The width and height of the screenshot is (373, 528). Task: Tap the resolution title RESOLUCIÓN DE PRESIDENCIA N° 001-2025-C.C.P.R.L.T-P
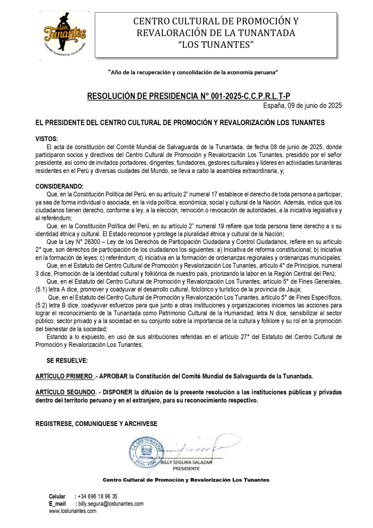[x=188, y=97]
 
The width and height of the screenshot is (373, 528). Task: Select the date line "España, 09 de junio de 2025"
[x=302, y=105]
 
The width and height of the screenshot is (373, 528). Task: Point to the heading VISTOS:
[x=47, y=139]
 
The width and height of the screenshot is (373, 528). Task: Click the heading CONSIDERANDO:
[x=59, y=186]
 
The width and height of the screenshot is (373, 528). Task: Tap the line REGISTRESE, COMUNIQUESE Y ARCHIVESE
[x=97, y=424]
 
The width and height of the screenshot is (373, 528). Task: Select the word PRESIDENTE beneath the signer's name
[x=186, y=468]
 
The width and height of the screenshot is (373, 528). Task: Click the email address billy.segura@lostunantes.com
[x=110, y=504]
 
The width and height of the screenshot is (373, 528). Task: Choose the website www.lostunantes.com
[x=72, y=511]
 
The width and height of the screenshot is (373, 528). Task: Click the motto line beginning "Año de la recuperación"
[x=193, y=72]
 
